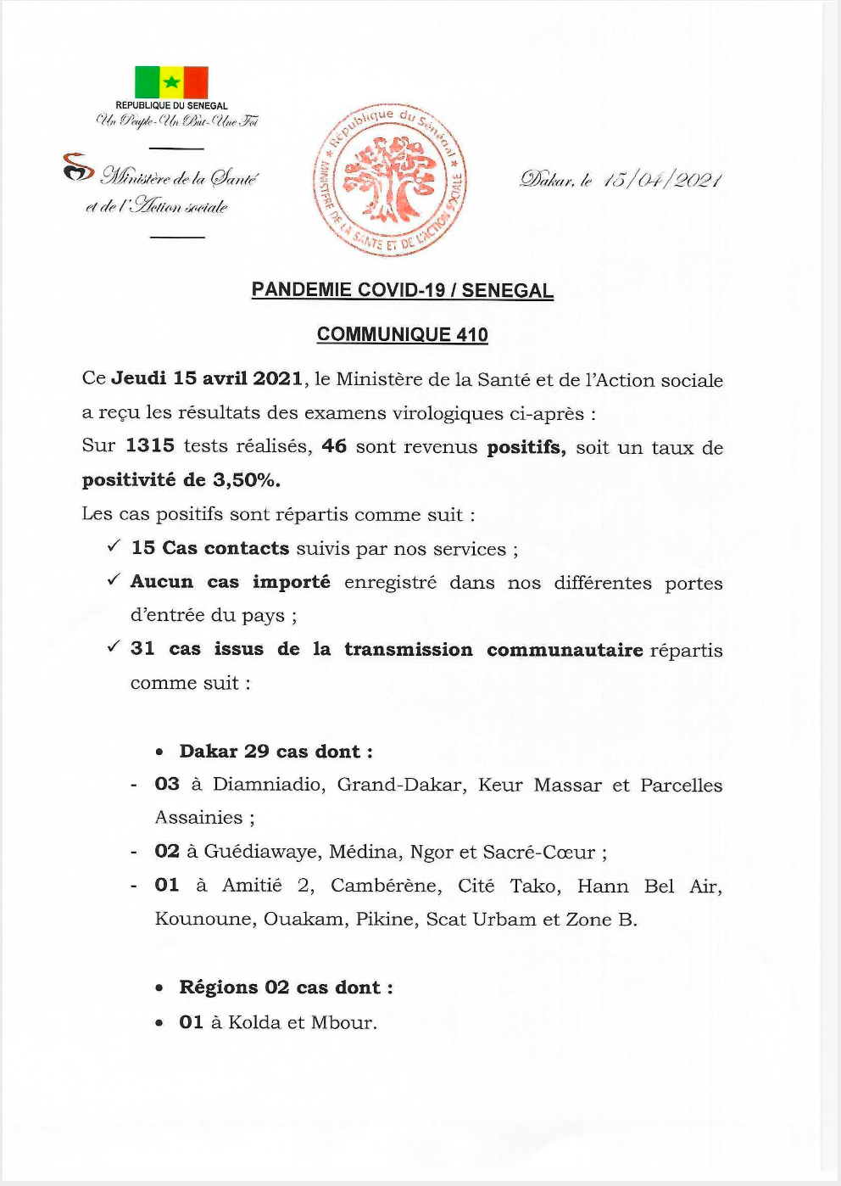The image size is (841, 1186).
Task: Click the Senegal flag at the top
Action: coord(171,82)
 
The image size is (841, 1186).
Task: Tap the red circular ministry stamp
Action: coord(391,181)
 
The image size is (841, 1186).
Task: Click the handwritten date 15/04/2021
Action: coord(661,180)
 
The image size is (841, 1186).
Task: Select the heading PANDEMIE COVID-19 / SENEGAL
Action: coord(402,290)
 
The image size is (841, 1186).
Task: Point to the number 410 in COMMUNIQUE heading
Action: coord(472,334)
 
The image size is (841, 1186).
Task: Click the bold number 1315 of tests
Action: coord(150,446)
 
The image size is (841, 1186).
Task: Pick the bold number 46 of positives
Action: coord(334,446)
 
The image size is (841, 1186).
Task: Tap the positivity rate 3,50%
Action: coord(246,480)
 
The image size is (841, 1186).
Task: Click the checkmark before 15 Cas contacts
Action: coord(114,546)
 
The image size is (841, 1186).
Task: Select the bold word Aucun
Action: coord(162,582)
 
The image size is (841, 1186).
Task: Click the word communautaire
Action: coord(565,650)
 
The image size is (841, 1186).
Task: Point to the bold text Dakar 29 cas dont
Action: coord(276,752)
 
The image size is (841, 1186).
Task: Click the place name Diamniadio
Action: coord(268,785)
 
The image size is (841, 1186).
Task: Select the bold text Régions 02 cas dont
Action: coord(286,987)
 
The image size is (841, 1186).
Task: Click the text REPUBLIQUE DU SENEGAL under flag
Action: coord(171,106)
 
